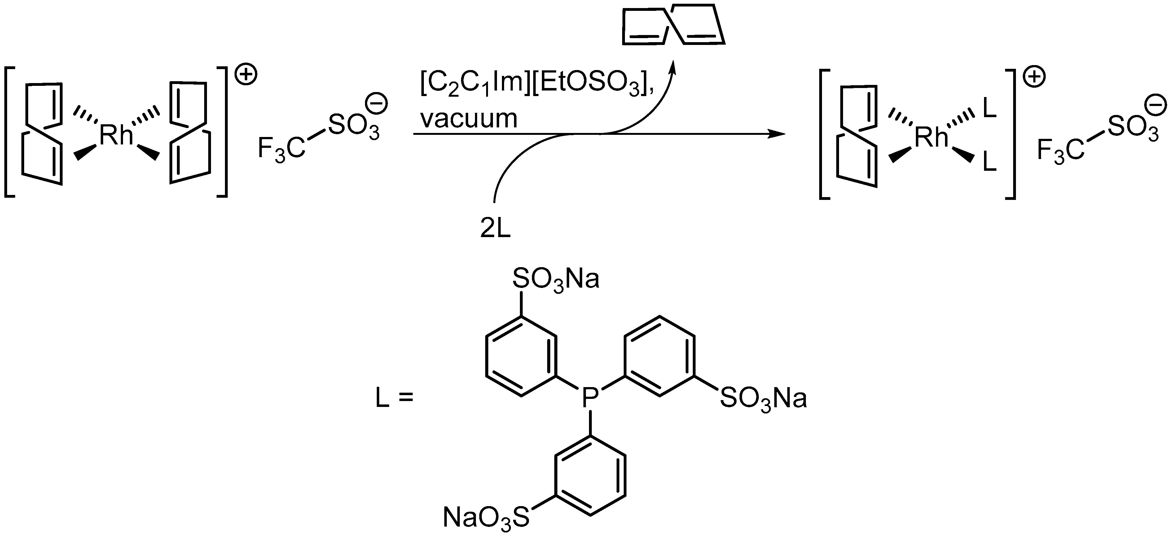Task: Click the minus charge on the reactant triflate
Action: point(378,104)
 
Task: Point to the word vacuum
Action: point(468,118)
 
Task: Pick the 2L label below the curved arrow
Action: point(495,229)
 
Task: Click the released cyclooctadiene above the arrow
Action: point(673,25)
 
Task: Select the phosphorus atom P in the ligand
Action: point(590,398)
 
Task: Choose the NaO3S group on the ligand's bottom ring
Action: point(486,517)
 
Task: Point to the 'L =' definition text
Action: point(395,398)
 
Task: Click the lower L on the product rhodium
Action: point(989,162)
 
